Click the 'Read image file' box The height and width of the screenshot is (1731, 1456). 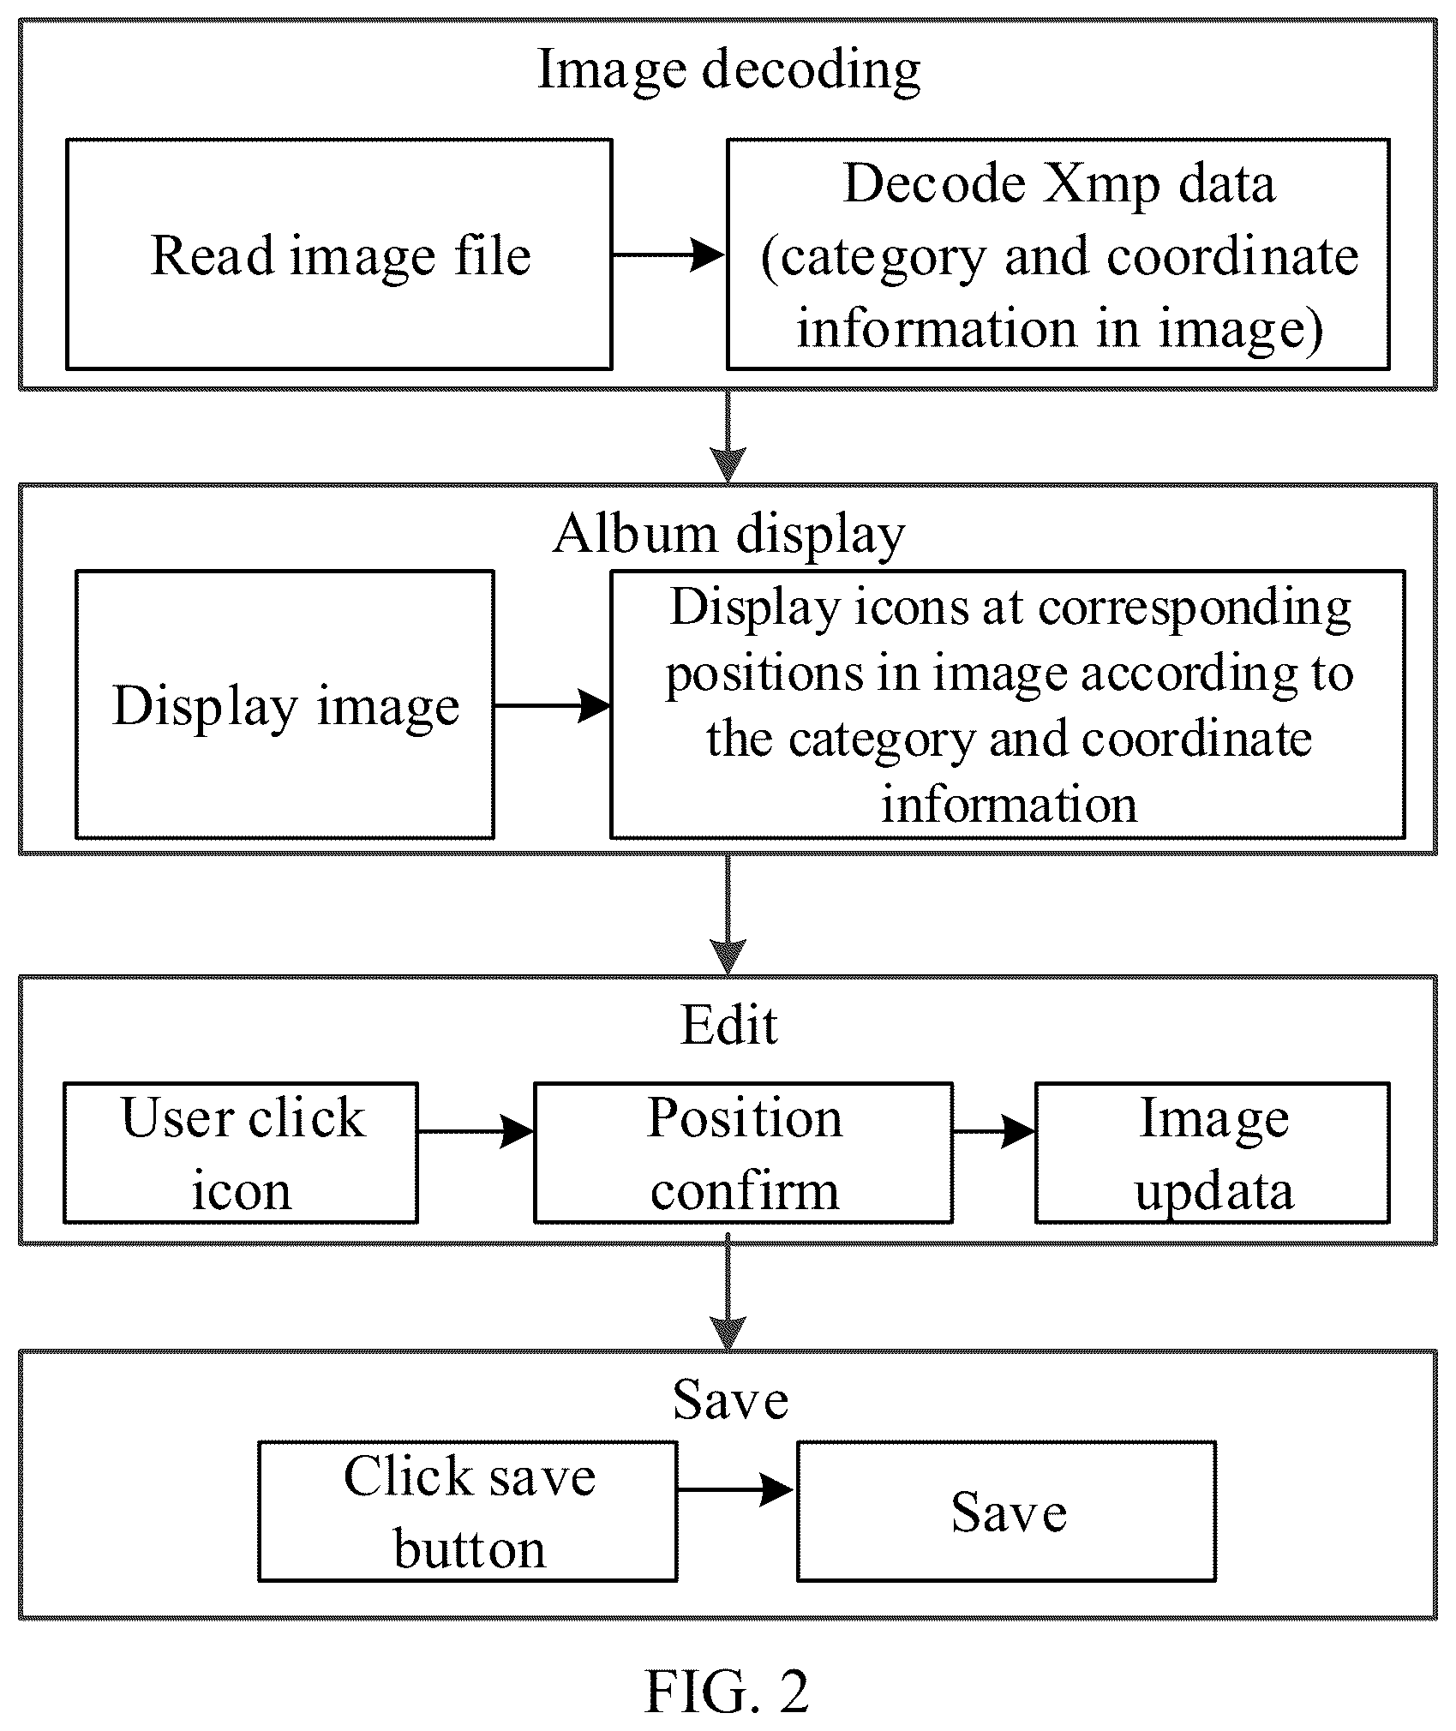[339, 255]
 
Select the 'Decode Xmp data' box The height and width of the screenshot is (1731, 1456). [1058, 255]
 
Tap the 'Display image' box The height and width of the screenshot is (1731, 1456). [285, 704]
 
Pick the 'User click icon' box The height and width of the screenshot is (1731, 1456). [241, 1153]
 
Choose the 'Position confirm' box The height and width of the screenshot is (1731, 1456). [743, 1153]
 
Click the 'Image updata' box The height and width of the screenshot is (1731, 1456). [1213, 1153]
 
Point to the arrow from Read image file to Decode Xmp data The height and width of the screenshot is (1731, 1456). [669, 255]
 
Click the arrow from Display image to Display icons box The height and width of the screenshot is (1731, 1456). [553, 705]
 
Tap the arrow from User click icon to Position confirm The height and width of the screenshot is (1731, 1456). [476, 1132]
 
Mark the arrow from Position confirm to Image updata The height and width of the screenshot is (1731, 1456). [994, 1132]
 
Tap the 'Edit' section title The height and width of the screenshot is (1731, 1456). [728, 1025]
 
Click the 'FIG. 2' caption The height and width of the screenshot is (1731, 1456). [727, 1691]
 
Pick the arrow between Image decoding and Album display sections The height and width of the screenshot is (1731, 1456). [728, 437]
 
